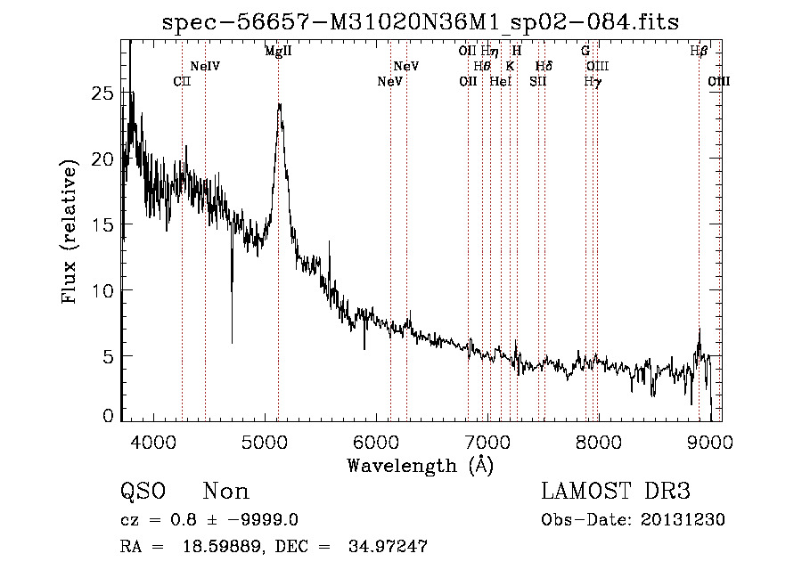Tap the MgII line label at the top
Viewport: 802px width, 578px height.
278,52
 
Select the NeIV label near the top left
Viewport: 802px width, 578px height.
205,67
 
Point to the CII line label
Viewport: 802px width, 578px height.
182,82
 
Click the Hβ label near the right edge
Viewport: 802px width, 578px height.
700,52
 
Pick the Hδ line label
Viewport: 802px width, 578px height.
544,67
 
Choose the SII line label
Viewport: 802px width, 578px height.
537,82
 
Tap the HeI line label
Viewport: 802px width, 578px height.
501,82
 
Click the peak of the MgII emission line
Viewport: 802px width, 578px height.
279,104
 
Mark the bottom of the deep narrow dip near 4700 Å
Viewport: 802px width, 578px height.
232,342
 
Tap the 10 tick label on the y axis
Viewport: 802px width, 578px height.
104,290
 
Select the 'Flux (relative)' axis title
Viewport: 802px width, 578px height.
70,232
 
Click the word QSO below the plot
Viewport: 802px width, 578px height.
143,492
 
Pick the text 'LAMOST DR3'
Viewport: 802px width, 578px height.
616,492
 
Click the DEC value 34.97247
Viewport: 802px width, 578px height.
388,547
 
